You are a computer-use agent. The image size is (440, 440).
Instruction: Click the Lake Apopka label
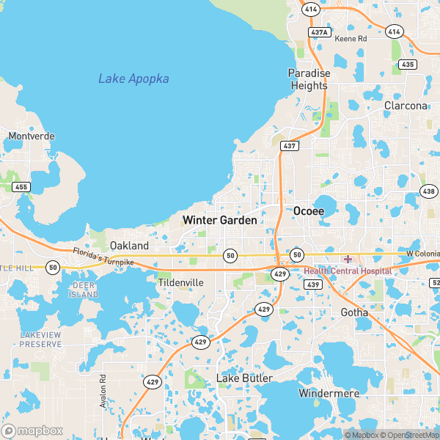[x=133, y=78]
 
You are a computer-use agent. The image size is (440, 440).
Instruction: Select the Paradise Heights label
[x=308, y=79]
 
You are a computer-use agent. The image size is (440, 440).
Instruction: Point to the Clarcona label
[x=406, y=106]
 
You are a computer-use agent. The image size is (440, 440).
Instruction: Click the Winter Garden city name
[x=219, y=220]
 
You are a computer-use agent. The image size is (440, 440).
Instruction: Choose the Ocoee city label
[x=309, y=210]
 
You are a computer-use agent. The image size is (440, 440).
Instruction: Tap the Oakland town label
[x=129, y=246]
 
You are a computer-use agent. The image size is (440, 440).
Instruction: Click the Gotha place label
[x=355, y=312]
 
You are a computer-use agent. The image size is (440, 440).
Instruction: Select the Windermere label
[x=329, y=393]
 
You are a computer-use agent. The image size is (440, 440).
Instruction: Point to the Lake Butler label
[x=244, y=378]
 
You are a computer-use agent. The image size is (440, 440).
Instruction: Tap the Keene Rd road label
[x=350, y=38]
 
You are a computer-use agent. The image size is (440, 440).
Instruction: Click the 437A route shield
[x=319, y=32]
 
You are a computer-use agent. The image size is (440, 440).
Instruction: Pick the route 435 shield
[x=408, y=65]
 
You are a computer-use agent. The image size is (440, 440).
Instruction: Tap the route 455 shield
[x=21, y=187]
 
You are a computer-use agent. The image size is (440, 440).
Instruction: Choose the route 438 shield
[x=428, y=191]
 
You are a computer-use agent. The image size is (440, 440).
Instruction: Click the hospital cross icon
[x=348, y=259]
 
